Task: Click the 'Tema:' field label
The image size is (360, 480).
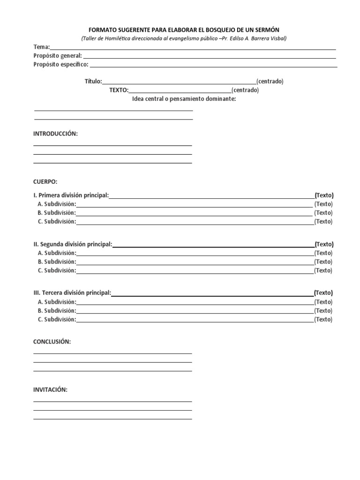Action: click(41, 47)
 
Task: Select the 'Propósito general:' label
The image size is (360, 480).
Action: click(58, 56)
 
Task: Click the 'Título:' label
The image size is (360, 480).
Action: click(93, 81)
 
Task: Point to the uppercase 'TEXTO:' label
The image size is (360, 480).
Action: click(119, 90)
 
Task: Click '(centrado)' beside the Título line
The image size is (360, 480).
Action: click(270, 81)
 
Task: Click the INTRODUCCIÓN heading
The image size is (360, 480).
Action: click(55, 134)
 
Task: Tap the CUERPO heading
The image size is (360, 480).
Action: click(45, 181)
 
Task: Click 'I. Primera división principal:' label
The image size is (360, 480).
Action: click(71, 195)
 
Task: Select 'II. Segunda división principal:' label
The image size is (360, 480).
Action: click(73, 244)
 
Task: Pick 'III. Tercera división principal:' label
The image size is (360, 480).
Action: click(72, 293)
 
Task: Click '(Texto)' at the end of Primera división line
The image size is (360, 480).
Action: click(324, 195)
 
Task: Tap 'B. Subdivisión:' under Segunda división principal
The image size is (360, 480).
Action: click(57, 262)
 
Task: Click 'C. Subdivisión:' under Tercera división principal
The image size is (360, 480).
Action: click(57, 320)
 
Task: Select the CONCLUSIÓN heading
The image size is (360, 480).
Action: click(52, 342)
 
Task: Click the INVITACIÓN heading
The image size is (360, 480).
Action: click(50, 390)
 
